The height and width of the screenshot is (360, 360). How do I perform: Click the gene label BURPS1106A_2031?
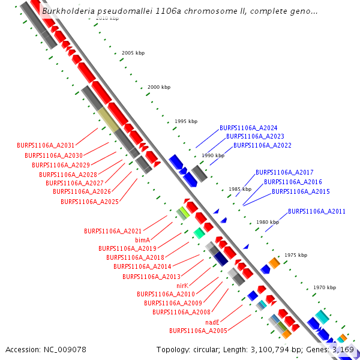point(46,145)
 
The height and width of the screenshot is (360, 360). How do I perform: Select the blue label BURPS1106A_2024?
point(248,128)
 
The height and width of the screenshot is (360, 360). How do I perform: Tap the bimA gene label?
point(143,239)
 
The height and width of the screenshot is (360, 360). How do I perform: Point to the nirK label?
point(182,285)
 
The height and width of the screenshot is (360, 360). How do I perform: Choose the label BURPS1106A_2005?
point(198,331)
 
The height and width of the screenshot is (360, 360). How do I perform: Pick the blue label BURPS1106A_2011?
point(316,211)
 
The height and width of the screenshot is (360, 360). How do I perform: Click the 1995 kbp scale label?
point(185,121)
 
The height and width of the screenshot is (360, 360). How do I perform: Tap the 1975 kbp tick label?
point(295,255)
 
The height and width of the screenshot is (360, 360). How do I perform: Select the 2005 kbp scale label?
point(133,53)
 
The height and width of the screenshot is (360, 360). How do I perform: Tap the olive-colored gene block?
point(109,119)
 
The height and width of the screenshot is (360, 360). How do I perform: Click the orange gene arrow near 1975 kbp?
point(274,263)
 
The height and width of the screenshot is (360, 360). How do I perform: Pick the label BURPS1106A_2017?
point(284,172)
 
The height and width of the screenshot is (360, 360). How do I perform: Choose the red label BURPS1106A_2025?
point(89,202)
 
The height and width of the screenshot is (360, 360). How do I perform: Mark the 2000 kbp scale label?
point(159,88)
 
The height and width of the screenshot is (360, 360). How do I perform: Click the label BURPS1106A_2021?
point(113,231)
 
